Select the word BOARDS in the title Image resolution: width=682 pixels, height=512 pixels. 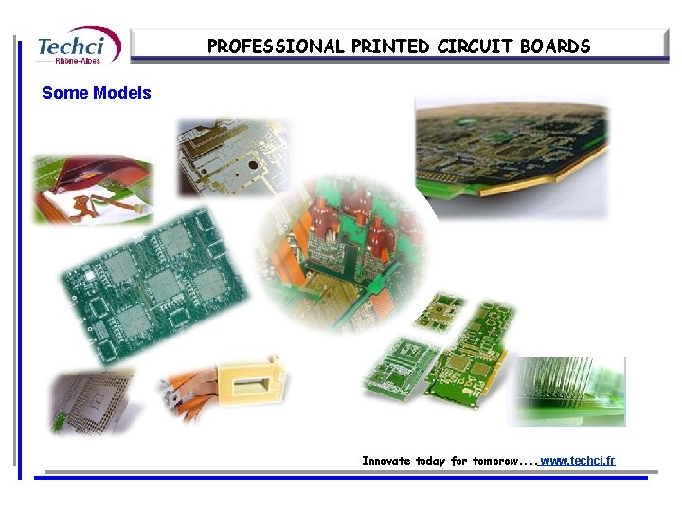pyautogui.click(x=555, y=46)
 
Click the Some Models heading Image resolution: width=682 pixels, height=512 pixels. pyautogui.click(x=97, y=93)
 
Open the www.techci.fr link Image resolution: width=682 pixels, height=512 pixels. pyautogui.click(x=577, y=460)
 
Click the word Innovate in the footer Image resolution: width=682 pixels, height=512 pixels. pyautogui.click(x=386, y=461)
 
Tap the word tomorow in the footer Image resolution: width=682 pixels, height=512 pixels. pyautogui.click(x=495, y=461)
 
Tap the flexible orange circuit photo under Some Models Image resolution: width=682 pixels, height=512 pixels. pyautogui.click(x=92, y=188)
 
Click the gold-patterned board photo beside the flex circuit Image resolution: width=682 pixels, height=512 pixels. pyautogui.click(x=231, y=156)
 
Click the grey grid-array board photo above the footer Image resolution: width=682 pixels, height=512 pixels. pyautogui.click(x=92, y=400)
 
